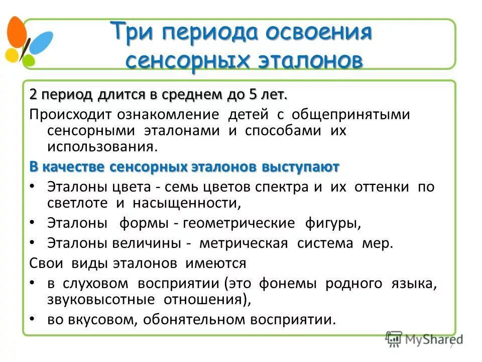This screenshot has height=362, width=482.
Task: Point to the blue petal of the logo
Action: [x=41, y=41]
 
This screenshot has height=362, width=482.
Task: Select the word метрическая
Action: [x=244, y=243]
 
